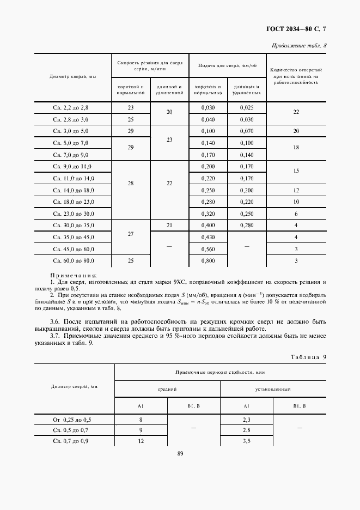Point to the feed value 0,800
pos(208,261)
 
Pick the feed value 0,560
pos(208,248)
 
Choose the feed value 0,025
pos(247,108)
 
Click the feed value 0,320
pos(208,214)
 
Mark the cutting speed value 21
pos(169,225)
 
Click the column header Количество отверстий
pos(296,70)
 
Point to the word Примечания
pos(73,276)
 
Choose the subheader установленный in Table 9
pos(273,390)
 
